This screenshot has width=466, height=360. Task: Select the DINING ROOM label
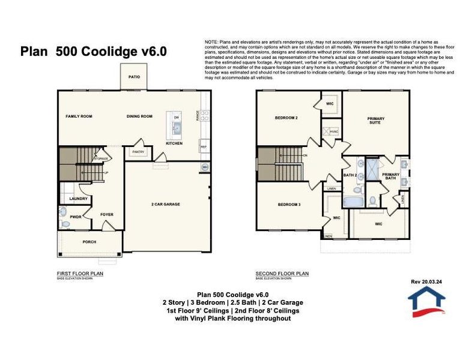point(139,116)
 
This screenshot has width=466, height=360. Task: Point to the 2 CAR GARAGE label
point(165,204)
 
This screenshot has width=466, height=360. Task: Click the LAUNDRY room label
point(79,199)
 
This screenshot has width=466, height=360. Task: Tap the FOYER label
point(106,214)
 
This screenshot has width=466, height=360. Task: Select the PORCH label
point(89,242)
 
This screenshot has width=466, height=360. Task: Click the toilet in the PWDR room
point(65,224)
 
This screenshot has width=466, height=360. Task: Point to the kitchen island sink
point(177,127)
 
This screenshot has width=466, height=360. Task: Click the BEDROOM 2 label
point(286,118)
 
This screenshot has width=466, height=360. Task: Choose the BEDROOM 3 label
point(289,205)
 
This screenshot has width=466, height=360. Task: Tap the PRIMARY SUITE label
point(376,121)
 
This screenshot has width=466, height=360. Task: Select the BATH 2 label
point(349,175)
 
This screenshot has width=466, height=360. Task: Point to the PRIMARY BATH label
point(390,176)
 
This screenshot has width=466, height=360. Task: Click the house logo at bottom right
point(426,300)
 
